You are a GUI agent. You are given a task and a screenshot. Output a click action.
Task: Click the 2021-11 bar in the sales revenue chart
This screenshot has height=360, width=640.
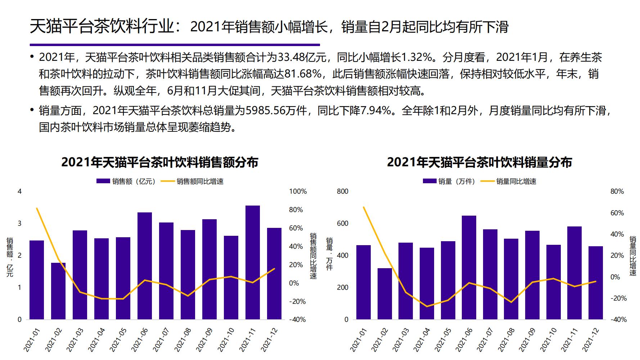[x=252, y=263]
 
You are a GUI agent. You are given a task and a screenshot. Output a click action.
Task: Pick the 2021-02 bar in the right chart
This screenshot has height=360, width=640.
[x=384, y=294]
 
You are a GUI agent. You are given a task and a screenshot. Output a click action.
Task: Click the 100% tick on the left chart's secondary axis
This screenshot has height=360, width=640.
[x=298, y=192]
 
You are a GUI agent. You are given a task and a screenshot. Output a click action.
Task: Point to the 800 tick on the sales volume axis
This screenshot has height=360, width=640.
[x=342, y=192]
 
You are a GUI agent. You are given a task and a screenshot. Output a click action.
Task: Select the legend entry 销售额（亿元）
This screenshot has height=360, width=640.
[x=126, y=181]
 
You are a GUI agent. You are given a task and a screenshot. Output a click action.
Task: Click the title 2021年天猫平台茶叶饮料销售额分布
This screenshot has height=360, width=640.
[x=159, y=162]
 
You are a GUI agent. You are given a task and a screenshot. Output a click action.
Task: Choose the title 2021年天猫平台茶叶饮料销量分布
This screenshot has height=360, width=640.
[x=479, y=162]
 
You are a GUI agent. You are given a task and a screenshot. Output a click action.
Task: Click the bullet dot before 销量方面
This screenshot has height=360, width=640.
[x=32, y=110]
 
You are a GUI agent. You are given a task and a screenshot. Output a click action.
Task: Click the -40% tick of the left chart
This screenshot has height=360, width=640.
[x=298, y=320]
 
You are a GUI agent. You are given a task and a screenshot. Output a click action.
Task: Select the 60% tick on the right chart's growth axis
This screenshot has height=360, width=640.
[x=617, y=213]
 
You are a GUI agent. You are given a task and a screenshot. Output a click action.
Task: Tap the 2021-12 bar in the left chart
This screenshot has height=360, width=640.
[x=274, y=274]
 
